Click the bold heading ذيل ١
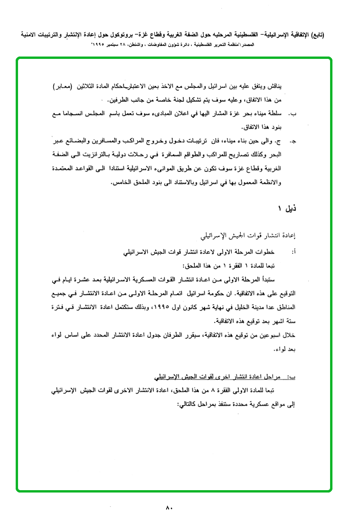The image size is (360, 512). click(x=287, y=208)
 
